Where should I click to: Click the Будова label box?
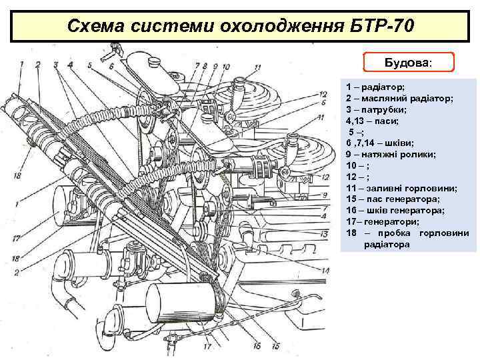pos(409,63)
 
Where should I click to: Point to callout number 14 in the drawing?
pos(325,271)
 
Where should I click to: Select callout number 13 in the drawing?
pos(325,234)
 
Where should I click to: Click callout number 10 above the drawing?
pos(227,67)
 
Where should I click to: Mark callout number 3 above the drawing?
pos(57,65)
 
